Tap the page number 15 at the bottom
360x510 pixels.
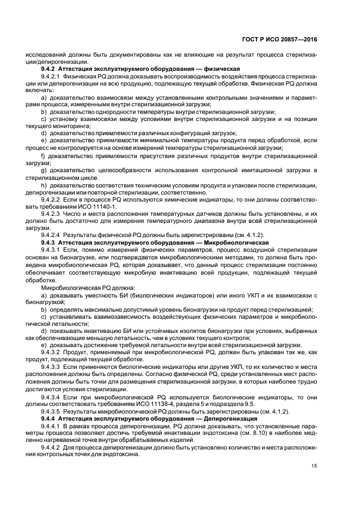pyautogui.click(x=314, y=465)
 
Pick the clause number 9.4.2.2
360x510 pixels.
pyautogui.click(x=53, y=201)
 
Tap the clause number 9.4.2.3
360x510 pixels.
pyautogui.click(x=53, y=215)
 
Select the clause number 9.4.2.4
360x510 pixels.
pyautogui.click(x=53, y=234)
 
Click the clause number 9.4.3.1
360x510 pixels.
pyautogui.click(x=53, y=248)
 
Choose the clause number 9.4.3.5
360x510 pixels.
pyautogui.click(x=53, y=411)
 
